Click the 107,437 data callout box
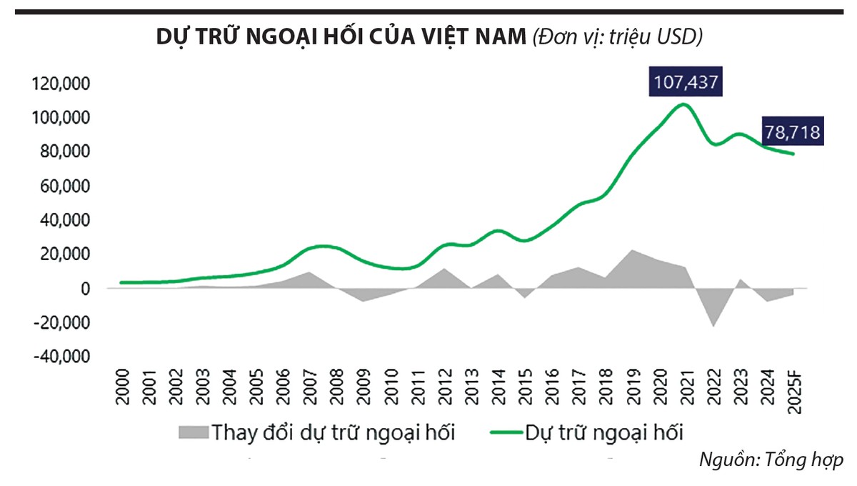686,83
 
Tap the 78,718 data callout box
791,132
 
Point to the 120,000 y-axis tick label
61,84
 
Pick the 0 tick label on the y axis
84,289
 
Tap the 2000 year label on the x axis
122,389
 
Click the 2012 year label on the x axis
443,389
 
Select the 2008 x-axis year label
336,389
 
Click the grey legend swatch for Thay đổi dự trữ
191,432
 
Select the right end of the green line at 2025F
793,154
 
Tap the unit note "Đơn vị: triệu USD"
618,38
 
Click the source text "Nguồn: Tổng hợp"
771,460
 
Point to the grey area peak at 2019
631,250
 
